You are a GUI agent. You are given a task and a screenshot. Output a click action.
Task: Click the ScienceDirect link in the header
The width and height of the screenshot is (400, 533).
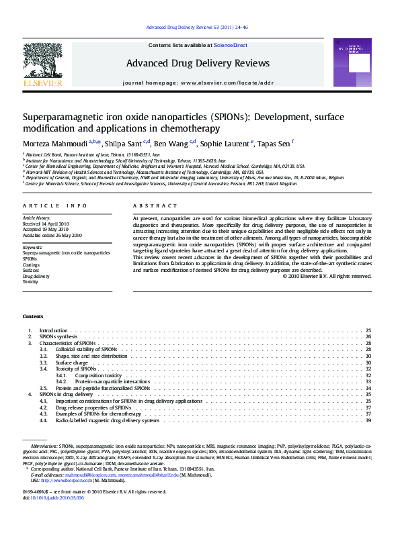coord(231,45)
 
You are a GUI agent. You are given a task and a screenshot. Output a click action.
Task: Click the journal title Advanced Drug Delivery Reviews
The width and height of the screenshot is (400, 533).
coord(198,64)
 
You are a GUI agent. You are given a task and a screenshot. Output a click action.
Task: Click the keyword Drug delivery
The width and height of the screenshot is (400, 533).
coord(36,276)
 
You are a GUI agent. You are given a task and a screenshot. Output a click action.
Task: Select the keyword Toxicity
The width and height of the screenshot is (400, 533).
coord(31,282)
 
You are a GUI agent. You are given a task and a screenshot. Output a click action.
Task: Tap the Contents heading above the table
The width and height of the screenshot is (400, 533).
coord(33,316)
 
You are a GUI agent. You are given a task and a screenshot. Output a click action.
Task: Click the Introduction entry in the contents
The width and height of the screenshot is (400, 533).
coord(54,331)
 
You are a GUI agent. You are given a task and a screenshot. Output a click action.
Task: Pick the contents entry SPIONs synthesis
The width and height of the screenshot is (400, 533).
coord(58,337)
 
